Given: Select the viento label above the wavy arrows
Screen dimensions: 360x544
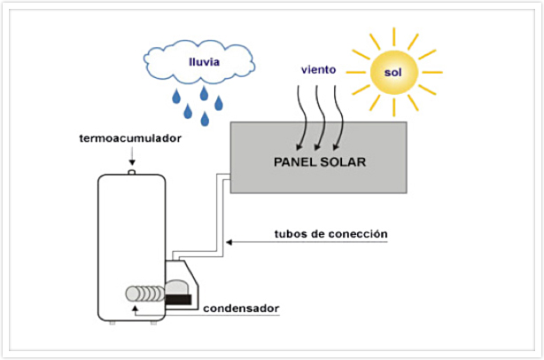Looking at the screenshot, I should [x=318, y=68].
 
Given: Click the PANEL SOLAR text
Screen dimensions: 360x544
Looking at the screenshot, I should [x=319, y=163].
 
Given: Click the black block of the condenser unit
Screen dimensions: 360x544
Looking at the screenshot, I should [x=183, y=301].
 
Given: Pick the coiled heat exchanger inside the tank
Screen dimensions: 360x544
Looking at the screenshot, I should [x=145, y=294].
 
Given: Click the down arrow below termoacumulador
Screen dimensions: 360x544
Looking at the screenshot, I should [x=131, y=158].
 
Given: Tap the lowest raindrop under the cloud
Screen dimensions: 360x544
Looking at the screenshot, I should [x=205, y=119].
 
